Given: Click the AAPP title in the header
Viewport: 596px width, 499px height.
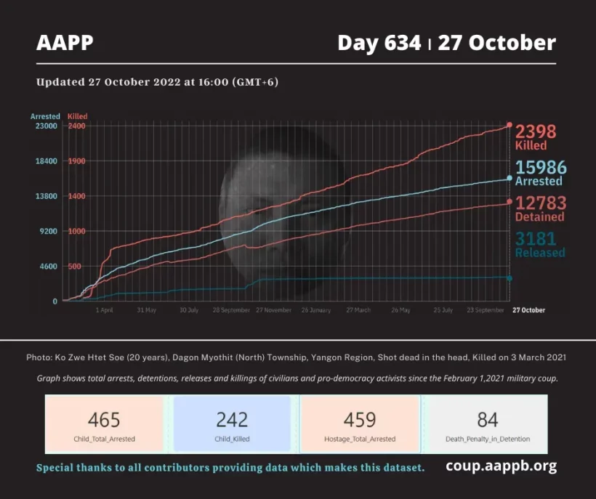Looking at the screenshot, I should tap(65, 43).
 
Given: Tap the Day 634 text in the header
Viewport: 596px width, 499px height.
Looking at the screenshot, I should tap(379, 43).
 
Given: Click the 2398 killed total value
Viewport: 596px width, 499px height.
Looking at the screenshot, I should tap(536, 131).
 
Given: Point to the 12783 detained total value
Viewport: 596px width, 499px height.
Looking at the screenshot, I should tap(540, 203).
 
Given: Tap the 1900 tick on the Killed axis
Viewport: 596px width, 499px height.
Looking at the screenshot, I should tap(77, 161).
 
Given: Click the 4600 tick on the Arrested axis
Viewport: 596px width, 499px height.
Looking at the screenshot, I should tap(47, 267).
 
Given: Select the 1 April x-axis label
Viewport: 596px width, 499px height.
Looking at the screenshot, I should tap(104, 310).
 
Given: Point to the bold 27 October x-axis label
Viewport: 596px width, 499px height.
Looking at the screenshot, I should tap(528, 310).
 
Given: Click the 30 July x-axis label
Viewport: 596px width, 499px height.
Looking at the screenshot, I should tap(189, 310).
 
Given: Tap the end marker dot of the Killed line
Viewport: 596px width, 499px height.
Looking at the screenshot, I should tap(509, 125).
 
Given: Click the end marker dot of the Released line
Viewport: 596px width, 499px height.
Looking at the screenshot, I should tap(509, 278).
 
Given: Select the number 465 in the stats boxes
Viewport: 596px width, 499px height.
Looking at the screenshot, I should tap(104, 419).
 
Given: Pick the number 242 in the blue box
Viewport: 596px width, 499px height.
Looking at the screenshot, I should tap(232, 419).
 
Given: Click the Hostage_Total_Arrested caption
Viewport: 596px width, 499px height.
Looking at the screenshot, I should tap(360, 439).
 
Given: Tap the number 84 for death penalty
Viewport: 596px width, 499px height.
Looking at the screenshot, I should tap(488, 419).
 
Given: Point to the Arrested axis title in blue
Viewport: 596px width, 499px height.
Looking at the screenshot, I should tap(45, 116).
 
